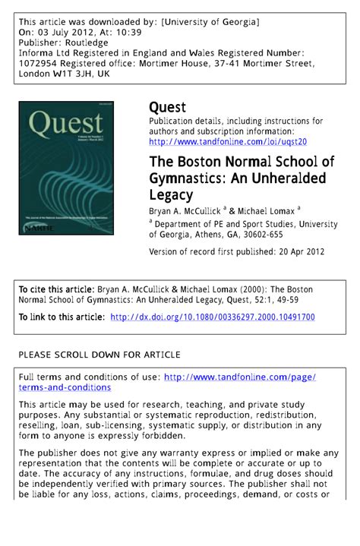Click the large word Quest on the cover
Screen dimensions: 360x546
coord(67,124)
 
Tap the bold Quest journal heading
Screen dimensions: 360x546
coord(167,108)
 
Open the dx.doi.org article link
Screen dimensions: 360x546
coord(213,317)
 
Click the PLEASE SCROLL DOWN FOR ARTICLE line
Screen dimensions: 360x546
coord(99,354)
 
